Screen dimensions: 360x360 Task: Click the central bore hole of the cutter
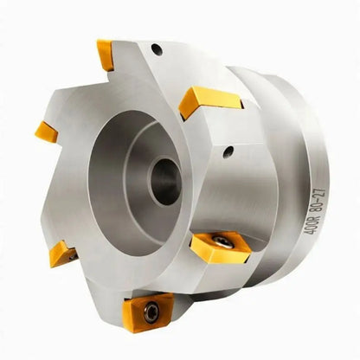coord(164,181)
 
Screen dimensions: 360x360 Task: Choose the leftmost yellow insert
coord(46,132)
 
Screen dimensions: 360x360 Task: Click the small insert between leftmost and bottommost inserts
coord(61,253)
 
